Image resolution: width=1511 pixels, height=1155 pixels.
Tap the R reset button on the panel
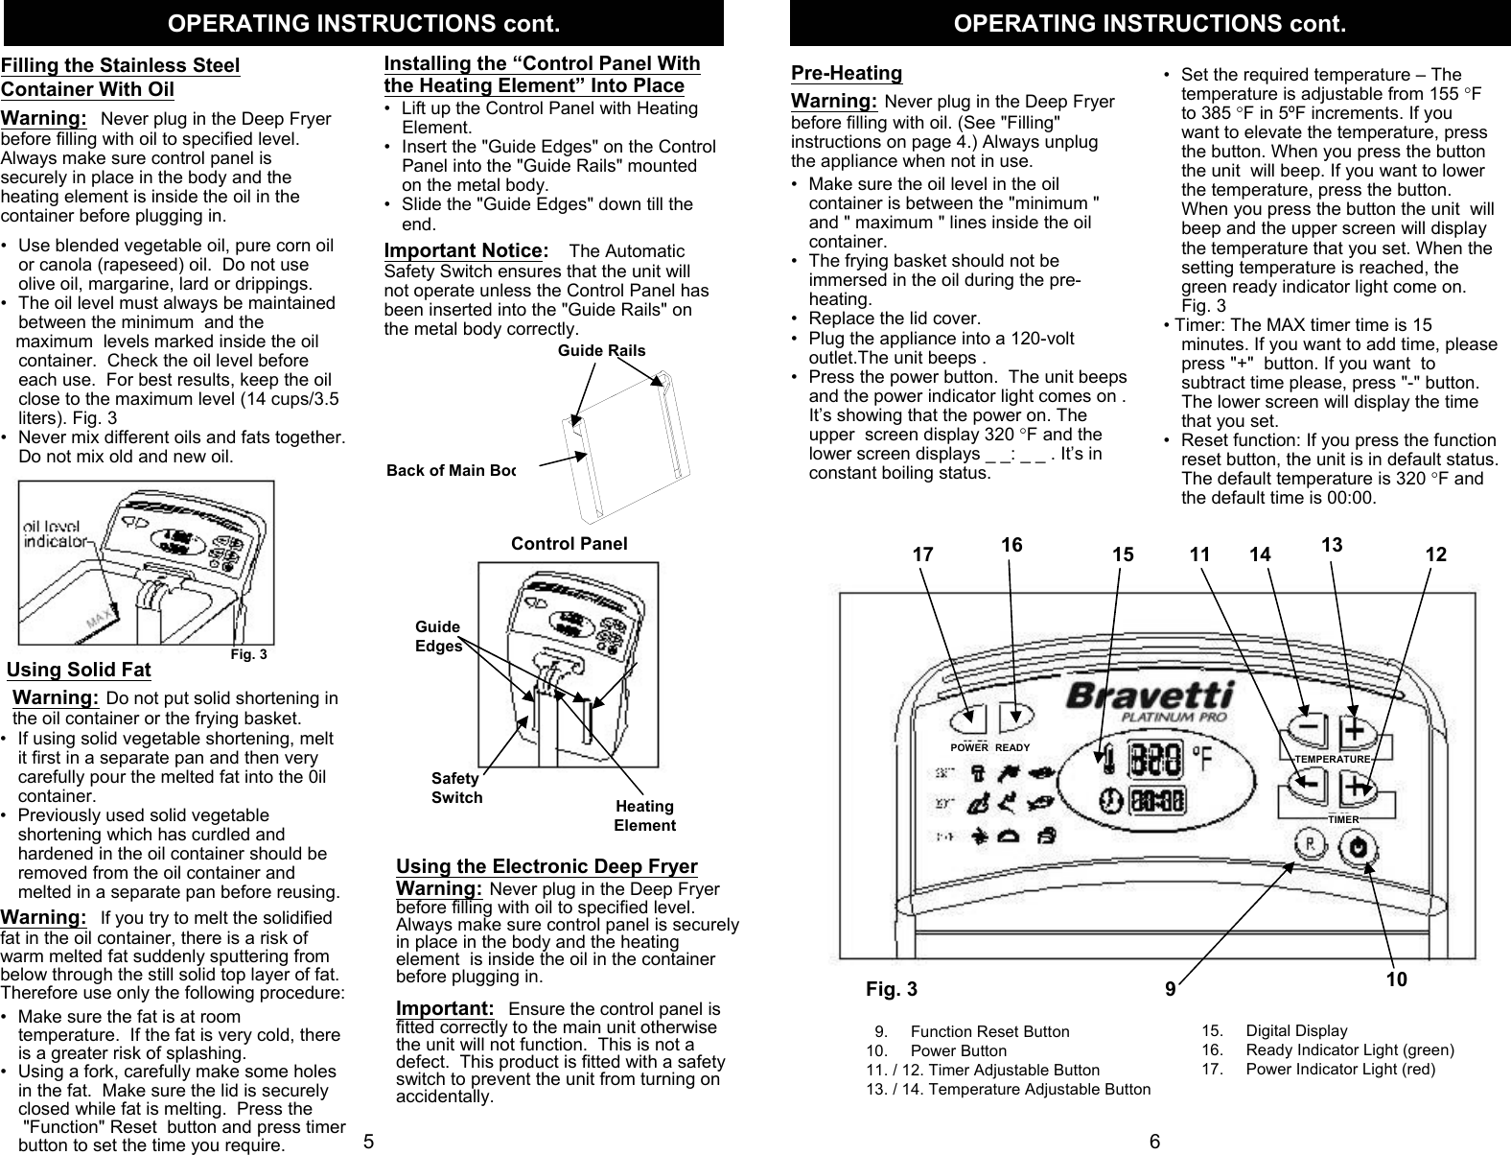pyautogui.click(x=1309, y=845)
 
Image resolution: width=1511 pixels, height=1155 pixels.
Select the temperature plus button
pyautogui.click(x=1356, y=733)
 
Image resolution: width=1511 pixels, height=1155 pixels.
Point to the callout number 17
pyautogui.click(x=922, y=554)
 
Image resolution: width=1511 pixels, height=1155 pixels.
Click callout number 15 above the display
pyautogui.click(x=1123, y=554)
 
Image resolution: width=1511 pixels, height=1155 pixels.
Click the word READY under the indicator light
pyautogui.click(x=1012, y=747)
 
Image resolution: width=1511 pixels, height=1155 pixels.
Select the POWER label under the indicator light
pyautogui.click(x=969, y=747)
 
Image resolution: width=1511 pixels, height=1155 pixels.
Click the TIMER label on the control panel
pyautogui.click(x=1343, y=820)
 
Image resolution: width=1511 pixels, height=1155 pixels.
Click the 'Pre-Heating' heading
pyautogui.click(x=847, y=73)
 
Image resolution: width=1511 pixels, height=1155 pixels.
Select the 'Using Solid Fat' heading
pyautogui.click(x=79, y=670)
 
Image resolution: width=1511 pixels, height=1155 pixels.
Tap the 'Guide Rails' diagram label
pyautogui.click(x=601, y=350)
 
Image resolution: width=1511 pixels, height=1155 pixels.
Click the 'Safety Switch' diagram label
pyautogui.click(x=456, y=789)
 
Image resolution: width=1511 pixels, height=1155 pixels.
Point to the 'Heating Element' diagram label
pyautogui.click(x=644, y=815)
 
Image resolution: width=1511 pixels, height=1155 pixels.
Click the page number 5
pyautogui.click(x=368, y=1142)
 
